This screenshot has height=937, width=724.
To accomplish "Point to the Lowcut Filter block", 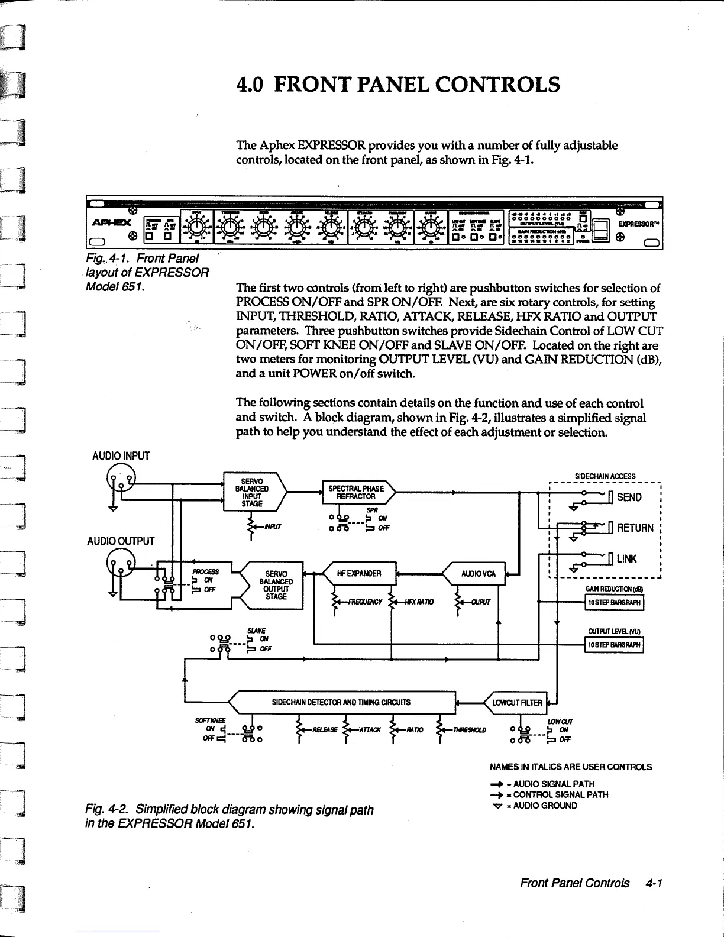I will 516,703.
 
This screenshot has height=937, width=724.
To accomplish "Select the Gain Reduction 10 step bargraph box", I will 613,603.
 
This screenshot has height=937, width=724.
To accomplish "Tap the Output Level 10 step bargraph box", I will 613,645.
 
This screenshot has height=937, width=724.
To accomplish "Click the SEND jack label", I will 629,497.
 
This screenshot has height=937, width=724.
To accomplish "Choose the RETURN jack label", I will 635,528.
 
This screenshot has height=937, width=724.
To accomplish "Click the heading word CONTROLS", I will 497,85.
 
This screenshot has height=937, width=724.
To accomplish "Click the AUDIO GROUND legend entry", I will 546,806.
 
